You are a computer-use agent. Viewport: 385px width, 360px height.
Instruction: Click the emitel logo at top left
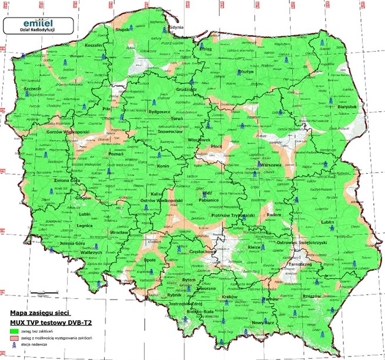tap(38, 24)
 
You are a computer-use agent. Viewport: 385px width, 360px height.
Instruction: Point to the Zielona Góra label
tap(62, 181)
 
